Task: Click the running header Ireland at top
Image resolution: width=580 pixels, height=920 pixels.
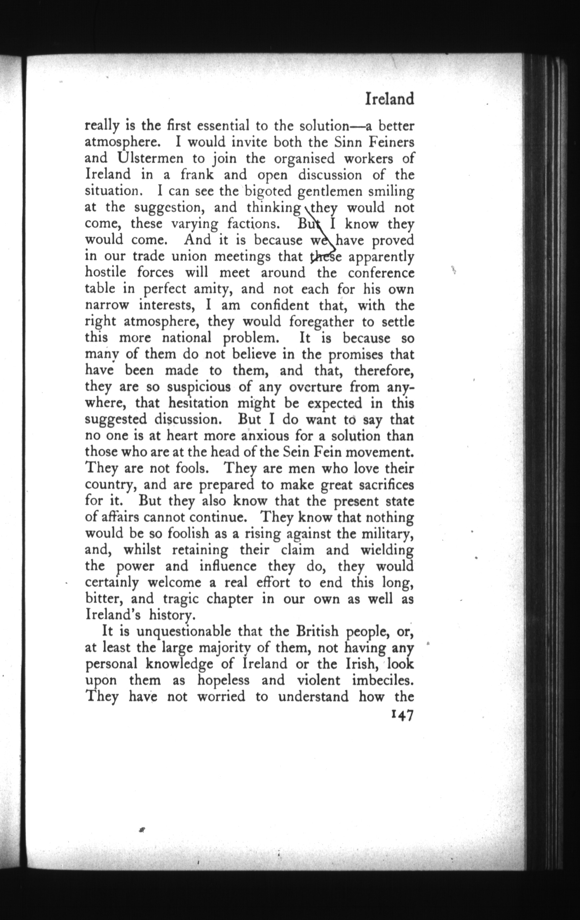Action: click(389, 99)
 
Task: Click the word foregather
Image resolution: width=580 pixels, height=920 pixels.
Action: click(322, 322)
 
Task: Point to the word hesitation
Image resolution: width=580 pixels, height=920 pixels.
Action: click(199, 403)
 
